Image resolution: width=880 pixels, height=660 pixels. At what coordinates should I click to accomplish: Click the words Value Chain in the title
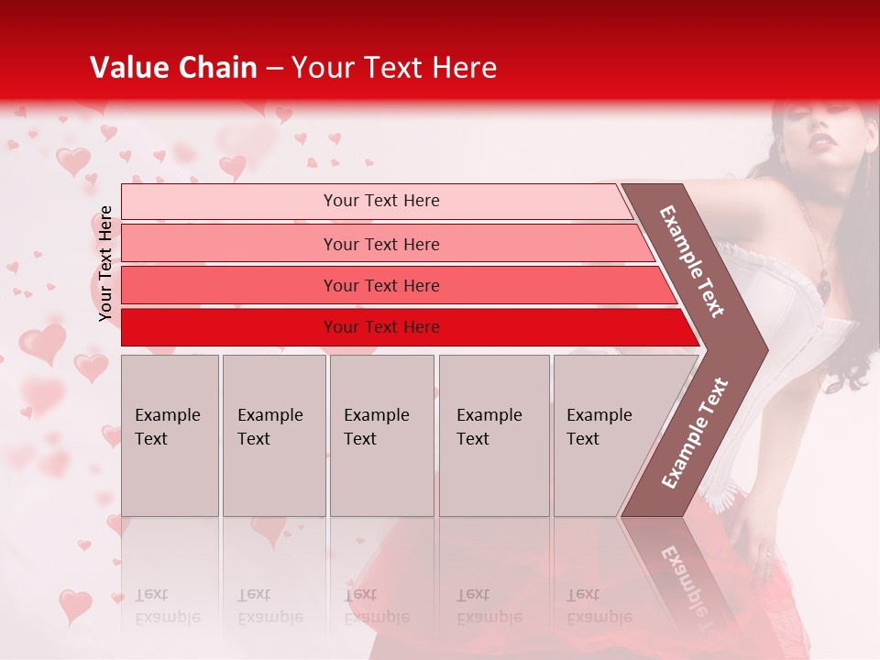tap(173, 68)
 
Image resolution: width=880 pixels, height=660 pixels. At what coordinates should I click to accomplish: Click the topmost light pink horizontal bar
tap(229, 202)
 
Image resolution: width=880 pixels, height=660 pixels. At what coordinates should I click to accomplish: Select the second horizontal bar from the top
tap(229, 244)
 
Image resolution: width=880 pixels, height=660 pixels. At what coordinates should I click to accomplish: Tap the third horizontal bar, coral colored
tap(229, 286)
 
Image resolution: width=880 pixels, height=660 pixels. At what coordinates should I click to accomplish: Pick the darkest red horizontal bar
tap(229, 327)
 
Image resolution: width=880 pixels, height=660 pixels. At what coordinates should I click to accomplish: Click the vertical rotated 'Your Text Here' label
tap(105, 263)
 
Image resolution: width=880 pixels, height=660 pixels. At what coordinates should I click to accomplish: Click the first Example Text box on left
tap(170, 435)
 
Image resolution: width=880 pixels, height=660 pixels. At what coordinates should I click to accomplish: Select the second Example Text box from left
tap(274, 435)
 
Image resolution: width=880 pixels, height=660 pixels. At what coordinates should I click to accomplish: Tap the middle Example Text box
tap(381, 435)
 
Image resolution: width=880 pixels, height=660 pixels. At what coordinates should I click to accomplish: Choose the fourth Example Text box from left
tap(494, 435)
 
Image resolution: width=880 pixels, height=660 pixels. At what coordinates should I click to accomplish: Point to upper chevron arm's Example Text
tap(692, 261)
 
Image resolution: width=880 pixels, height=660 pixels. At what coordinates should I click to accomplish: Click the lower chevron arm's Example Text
tap(694, 433)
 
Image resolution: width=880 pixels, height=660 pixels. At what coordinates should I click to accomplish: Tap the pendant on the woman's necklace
tap(824, 288)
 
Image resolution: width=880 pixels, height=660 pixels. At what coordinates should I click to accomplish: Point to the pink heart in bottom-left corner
tap(75, 605)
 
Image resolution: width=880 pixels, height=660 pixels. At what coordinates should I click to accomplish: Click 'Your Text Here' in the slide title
tap(394, 68)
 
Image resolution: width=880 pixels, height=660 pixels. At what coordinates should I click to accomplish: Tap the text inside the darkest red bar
tap(381, 327)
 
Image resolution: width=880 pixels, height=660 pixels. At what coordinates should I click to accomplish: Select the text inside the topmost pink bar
tap(381, 201)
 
